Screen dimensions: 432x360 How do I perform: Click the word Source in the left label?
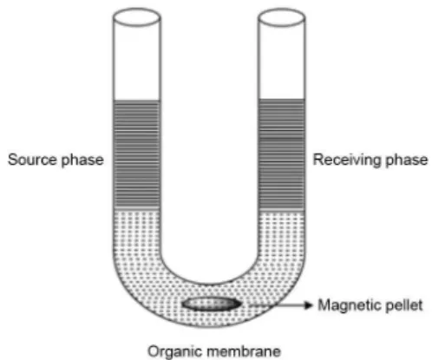point(32,160)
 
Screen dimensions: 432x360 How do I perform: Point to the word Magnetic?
point(349,305)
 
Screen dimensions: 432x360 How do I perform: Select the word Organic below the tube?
point(174,351)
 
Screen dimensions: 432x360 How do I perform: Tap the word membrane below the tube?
point(244,351)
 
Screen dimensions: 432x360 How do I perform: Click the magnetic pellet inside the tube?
point(212,304)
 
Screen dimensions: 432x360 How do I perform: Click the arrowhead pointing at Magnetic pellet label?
point(309,305)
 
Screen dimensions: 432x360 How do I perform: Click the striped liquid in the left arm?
point(137,154)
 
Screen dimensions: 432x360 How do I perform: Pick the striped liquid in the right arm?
point(281,154)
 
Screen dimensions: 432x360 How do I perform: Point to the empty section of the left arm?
point(137,62)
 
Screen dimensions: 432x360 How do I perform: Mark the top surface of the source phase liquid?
point(137,101)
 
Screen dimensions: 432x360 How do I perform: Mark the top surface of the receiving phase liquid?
point(281,100)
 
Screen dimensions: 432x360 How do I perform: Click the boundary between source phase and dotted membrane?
point(137,208)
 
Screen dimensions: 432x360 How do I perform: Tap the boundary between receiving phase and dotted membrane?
point(281,210)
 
